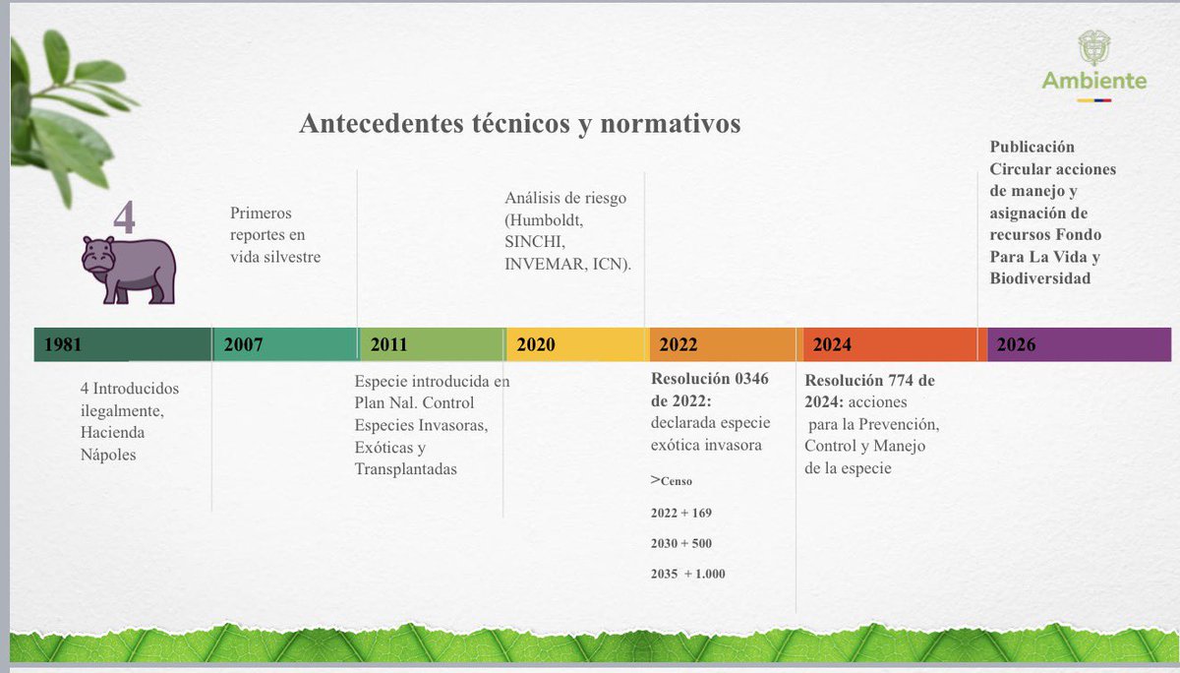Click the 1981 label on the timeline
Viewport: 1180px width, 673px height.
coord(63,345)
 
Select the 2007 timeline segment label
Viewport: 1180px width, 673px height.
coord(244,345)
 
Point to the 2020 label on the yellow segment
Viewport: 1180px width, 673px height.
coord(536,345)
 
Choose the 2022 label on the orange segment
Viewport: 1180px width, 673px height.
coord(678,345)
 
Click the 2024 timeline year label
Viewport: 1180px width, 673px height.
coord(832,345)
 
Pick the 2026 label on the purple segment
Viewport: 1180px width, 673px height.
coord(1016,345)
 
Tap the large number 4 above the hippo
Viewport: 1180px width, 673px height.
coord(124,217)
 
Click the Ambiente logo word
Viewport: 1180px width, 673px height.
coord(1094,81)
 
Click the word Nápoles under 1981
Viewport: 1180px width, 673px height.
coord(109,456)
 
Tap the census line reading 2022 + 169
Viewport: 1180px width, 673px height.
coord(681,513)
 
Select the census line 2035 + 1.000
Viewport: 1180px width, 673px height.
coord(688,574)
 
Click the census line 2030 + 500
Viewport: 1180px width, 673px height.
coord(681,543)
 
